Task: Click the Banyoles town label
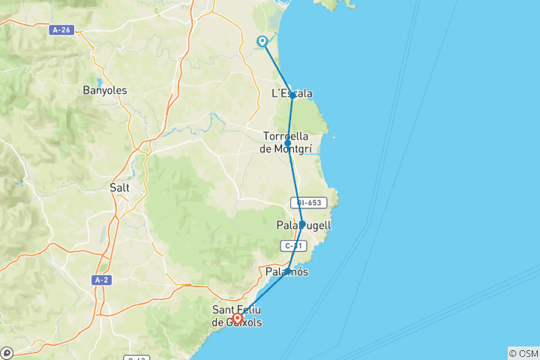point(105,90)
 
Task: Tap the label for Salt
point(119,187)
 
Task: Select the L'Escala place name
point(292,93)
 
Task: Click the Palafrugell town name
point(304,225)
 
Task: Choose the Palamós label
point(287,271)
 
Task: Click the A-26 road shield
point(62,30)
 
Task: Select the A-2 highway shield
point(102,280)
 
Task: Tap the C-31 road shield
point(294,244)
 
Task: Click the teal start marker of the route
point(262,42)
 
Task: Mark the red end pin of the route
point(237,319)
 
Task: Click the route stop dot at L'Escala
point(292,96)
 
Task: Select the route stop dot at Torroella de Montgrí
point(288,142)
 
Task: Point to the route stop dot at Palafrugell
point(302,223)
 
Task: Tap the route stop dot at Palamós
point(288,271)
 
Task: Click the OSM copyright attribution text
point(523,353)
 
